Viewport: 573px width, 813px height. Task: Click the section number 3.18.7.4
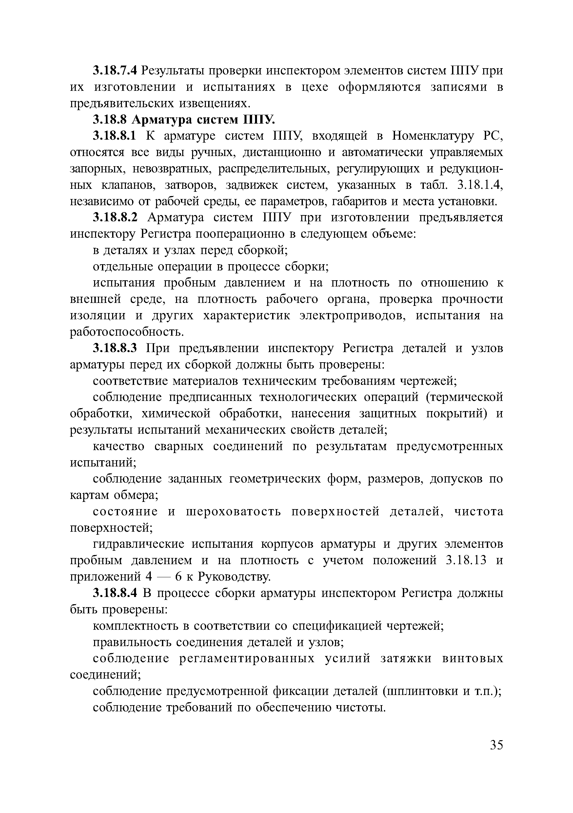(114, 71)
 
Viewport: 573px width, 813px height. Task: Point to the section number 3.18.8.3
(114, 348)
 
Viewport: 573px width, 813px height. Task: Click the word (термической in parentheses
(464, 397)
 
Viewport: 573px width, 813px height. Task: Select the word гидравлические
(138, 544)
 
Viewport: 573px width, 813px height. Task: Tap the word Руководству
(234, 577)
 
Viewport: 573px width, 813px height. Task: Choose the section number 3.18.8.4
(114, 593)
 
